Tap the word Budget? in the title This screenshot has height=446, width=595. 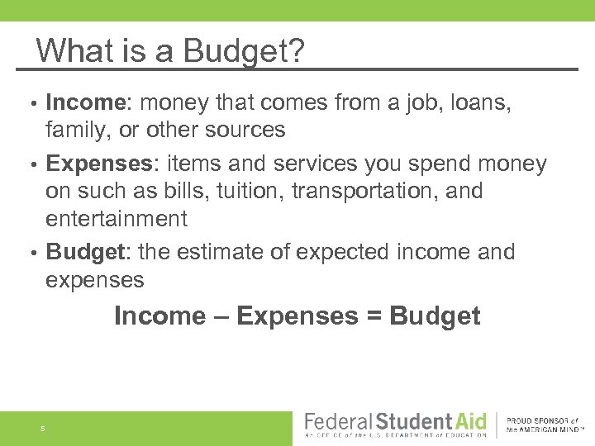click(x=245, y=53)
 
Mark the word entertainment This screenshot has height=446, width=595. click(x=117, y=219)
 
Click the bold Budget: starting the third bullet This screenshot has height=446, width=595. click(x=87, y=252)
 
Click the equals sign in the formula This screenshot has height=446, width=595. click(x=370, y=316)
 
